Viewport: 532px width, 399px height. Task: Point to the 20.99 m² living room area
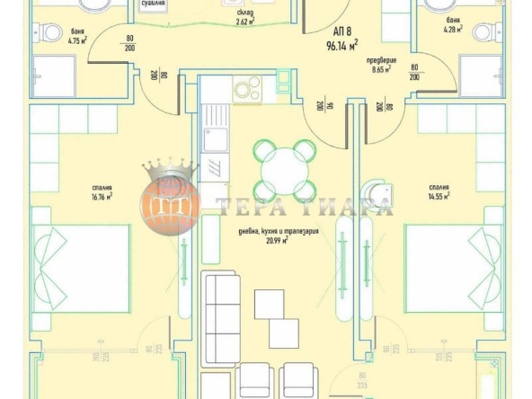272,241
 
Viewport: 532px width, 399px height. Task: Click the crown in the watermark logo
170,168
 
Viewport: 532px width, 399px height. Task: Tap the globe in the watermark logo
170,201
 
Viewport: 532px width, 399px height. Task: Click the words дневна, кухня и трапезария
272,231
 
